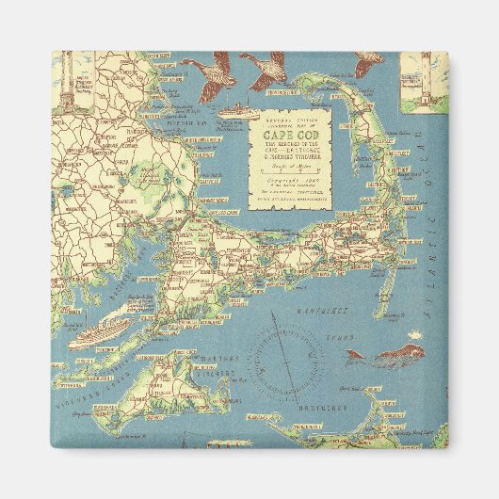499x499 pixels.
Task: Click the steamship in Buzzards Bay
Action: pyautogui.click(x=100, y=332)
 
